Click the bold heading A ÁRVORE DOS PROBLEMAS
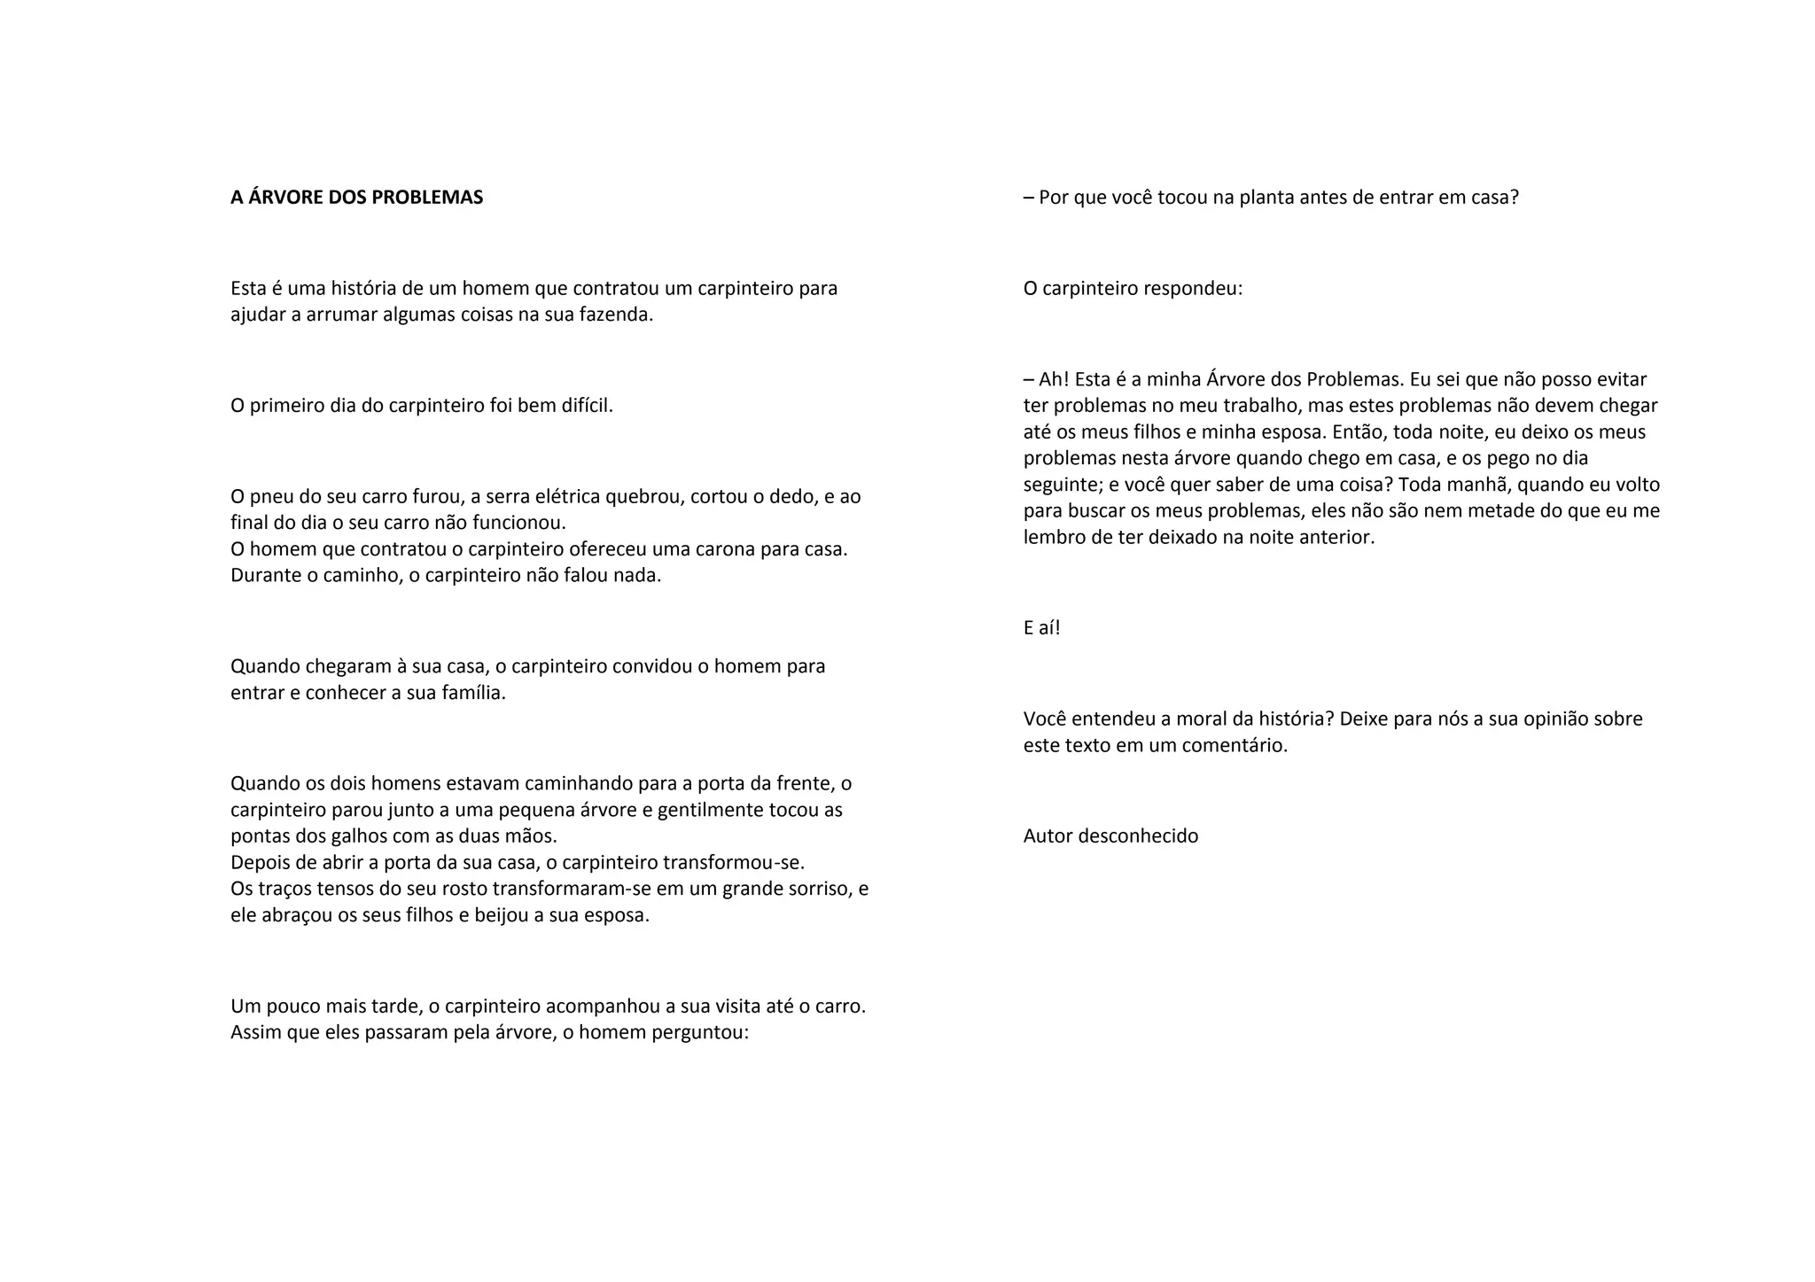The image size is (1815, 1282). [x=356, y=198]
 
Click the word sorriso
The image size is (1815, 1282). [x=820, y=889]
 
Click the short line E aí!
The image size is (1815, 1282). [x=1041, y=628]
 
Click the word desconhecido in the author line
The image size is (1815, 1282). [x=1137, y=836]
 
